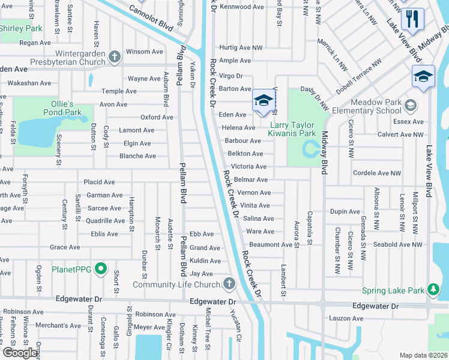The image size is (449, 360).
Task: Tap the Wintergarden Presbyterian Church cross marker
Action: coord(115,58)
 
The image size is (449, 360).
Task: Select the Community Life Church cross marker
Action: coord(228,284)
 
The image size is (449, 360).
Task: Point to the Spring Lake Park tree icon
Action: coord(433,291)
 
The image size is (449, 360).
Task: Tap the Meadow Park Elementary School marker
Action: coord(411,106)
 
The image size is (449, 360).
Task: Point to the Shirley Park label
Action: coord(21,28)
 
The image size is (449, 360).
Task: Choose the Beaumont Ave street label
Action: coord(271,245)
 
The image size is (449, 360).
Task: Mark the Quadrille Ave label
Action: coord(104,221)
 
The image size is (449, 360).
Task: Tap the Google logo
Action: coord(20,353)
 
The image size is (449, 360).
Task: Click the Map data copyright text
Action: coord(423,355)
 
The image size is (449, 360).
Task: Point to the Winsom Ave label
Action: coord(144,52)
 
